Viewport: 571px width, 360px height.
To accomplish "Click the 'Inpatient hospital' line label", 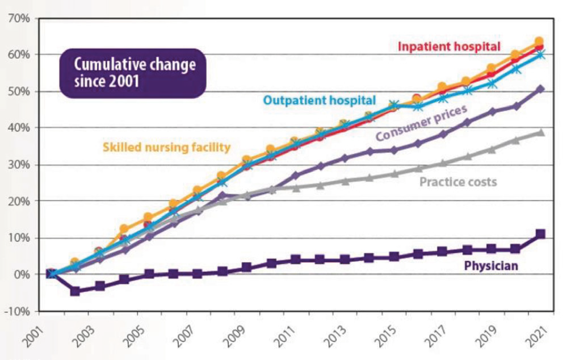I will pyautogui.click(x=448, y=45).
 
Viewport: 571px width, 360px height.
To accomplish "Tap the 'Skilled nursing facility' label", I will pyautogui.click(x=166, y=148).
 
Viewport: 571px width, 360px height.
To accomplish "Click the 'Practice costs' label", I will pyautogui.click(x=458, y=182).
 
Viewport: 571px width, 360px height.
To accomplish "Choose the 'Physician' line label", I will pyautogui.click(x=491, y=265).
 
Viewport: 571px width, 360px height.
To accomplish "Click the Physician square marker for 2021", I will pyautogui.click(x=540, y=234).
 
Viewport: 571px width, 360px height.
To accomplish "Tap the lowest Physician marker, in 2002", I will pyautogui.click(x=74, y=291).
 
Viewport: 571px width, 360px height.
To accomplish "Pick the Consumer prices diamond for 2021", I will pyautogui.click(x=540, y=89).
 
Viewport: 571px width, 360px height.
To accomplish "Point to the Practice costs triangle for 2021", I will pyautogui.click(x=540, y=133).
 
